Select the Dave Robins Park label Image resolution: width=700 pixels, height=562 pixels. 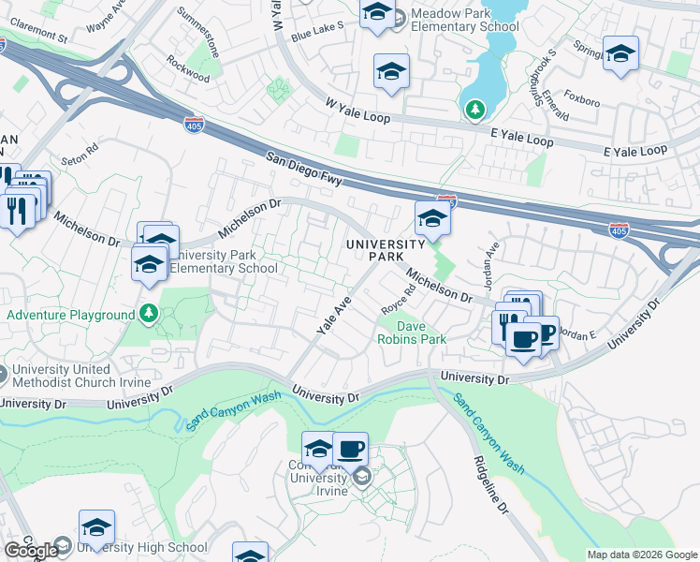pos(412,333)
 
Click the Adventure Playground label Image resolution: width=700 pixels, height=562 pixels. pos(71,315)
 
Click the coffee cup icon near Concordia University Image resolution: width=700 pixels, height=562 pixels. pos(351,450)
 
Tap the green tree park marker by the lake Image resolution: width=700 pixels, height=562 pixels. pos(475,111)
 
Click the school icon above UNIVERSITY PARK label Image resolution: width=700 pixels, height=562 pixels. pos(432,220)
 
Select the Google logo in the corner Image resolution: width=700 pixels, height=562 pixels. pos(31,551)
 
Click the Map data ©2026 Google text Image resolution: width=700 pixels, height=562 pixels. pos(642,555)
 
